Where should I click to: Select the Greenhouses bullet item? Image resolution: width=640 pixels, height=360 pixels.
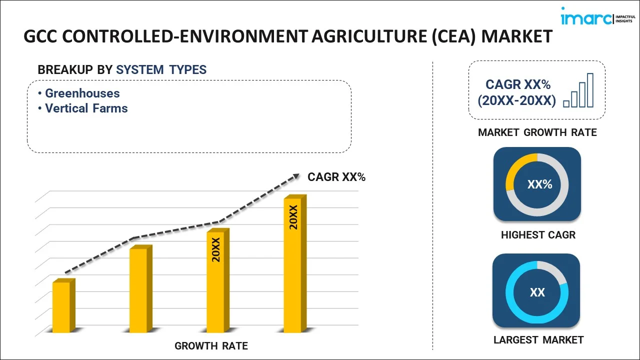pos(82,93)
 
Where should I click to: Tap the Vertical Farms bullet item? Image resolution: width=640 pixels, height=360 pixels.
pos(86,108)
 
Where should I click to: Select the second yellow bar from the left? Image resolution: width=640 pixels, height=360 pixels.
pos(138,290)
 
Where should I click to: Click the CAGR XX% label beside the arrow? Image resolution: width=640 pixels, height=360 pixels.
pos(336,176)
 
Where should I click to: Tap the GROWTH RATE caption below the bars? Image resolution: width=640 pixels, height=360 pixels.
pos(211,345)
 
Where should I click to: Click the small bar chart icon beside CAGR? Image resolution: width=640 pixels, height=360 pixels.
pos(578,91)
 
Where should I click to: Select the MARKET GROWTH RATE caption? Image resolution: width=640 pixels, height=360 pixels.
pos(537,132)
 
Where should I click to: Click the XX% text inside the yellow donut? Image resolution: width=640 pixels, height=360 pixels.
pos(539,184)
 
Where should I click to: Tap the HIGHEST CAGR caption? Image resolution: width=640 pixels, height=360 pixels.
pos(538,234)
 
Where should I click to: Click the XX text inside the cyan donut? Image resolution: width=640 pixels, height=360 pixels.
pos(537,292)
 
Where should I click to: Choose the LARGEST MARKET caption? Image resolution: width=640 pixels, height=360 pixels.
pos(538,340)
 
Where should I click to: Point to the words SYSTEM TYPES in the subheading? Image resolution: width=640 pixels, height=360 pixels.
pos(161,69)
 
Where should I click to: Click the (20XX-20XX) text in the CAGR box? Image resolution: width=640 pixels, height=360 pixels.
pos(516,100)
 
